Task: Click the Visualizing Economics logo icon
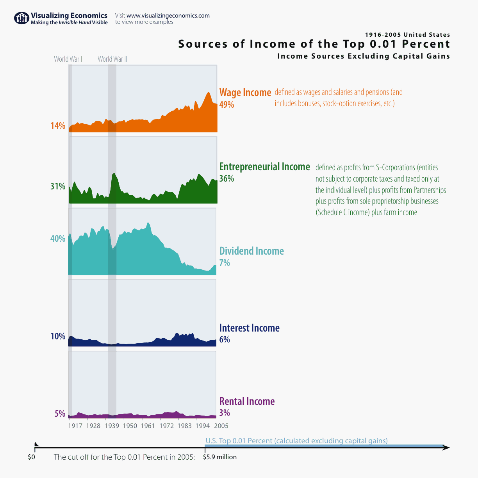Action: (x=21, y=18)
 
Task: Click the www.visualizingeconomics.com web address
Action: (x=168, y=16)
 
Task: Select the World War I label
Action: (x=68, y=59)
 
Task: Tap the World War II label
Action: (x=112, y=59)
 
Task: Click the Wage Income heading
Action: (x=245, y=93)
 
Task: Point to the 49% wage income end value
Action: (x=227, y=105)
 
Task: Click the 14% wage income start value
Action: (x=58, y=126)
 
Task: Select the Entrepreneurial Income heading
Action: (x=264, y=167)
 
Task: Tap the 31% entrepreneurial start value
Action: (x=58, y=186)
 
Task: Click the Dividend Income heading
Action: (x=251, y=251)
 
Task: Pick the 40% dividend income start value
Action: (x=58, y=239)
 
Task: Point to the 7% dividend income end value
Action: (x=225, y=263)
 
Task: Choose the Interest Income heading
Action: (x=249, y=328)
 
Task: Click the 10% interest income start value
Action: (x=58, y=336)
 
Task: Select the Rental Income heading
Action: (x=247, y=401)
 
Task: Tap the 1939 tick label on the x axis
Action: (x=112, y=426)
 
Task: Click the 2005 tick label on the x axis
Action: (x=221, y=426)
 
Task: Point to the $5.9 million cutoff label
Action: (x=220, y=457)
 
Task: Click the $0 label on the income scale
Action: (x=31, y=457)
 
